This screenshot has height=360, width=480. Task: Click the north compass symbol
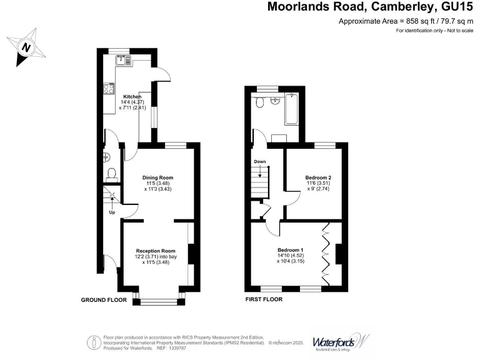point(26,46)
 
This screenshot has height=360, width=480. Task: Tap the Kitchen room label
point(132,96)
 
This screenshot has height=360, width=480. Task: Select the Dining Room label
point(157,177)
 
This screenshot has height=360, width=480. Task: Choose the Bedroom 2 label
point(318,177)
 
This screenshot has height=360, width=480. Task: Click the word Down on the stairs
point(260,161)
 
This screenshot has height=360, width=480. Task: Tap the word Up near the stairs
point(112,212)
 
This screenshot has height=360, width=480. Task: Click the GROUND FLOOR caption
point(104,300)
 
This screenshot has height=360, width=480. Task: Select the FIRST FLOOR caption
point(264,299)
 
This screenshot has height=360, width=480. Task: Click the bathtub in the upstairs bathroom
point(291,109)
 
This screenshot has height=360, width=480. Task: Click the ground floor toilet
point(112,173)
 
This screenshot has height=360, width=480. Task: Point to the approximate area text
point(406,21)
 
